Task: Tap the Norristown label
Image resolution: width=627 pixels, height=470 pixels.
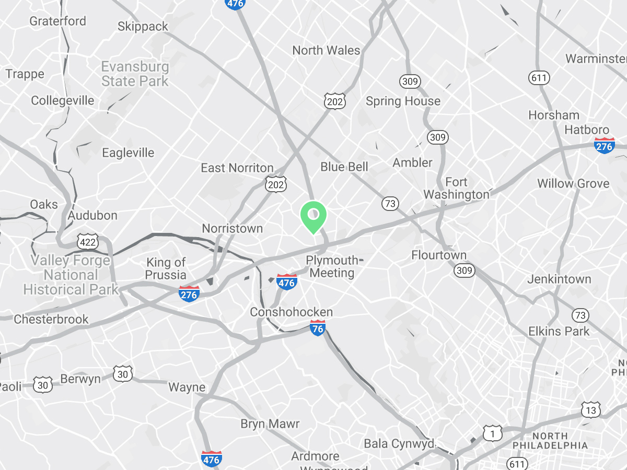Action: [232, 229]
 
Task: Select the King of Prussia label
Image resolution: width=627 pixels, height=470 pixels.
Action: [166, 268]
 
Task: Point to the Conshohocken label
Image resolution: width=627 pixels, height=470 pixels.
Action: [291, 312]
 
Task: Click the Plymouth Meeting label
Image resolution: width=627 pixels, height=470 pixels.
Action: [332, 266]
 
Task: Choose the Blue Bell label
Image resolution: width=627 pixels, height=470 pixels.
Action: [344, 167]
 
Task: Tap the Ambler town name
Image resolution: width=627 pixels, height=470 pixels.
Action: [413, 162]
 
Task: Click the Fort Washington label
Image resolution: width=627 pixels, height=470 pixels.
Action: [456, 189]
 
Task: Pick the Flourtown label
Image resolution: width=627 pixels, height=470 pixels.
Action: [439, 255]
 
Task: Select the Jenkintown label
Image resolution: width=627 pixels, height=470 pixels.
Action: [559, 279]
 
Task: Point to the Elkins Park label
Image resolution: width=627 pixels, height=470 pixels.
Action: [559, 331]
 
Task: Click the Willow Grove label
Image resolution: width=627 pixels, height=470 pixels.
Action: [573, 184]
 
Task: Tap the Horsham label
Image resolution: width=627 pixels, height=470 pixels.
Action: [554, 115]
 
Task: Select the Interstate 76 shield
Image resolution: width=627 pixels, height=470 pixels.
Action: [318, 328]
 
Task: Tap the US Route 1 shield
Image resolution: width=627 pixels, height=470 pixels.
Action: [492, 433]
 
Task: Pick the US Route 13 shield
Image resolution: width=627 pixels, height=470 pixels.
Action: [591, 410]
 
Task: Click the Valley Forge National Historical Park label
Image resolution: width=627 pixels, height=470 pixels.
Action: [71, 275]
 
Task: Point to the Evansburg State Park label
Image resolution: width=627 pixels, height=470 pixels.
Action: [135, 74]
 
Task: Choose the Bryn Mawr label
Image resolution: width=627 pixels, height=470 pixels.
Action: [270, 424]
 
